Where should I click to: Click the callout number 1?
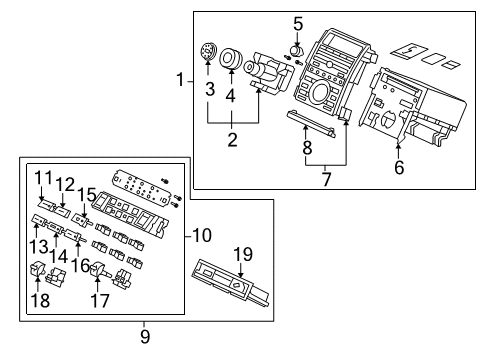pos(180,80)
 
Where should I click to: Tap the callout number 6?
pos(399,167)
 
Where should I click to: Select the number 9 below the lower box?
pos(145,337)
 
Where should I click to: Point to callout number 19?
pos(243,254)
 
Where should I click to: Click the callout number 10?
pos(202,235)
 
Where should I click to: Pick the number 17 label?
pos(100,301)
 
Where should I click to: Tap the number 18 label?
pos(40,300)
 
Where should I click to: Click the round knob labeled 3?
pos(208,52)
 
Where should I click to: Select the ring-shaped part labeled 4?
pos(230,59)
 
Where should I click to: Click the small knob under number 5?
pos(296,50)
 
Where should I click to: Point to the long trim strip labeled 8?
pos(311,123)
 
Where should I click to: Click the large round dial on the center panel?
pos(320,91)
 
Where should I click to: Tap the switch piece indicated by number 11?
pos(46,204)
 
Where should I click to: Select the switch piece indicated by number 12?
pos(62,211)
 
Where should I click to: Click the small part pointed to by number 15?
pos(83,220)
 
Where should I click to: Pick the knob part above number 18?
pos(38,268)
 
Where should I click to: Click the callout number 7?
pos(327,179)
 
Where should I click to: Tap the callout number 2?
pos(232,140)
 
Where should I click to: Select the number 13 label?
pos(39,247)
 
